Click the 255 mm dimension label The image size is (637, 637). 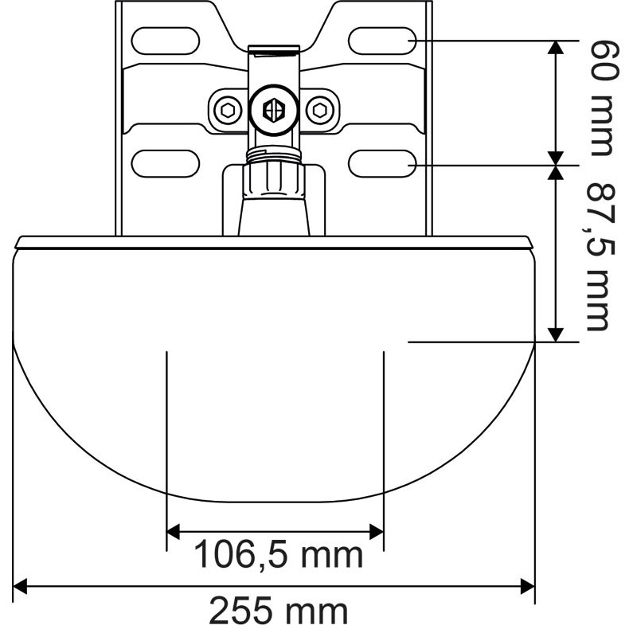278,612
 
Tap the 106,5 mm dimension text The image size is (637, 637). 278,554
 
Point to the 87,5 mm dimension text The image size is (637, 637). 598,256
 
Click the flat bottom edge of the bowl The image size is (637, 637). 275,501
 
